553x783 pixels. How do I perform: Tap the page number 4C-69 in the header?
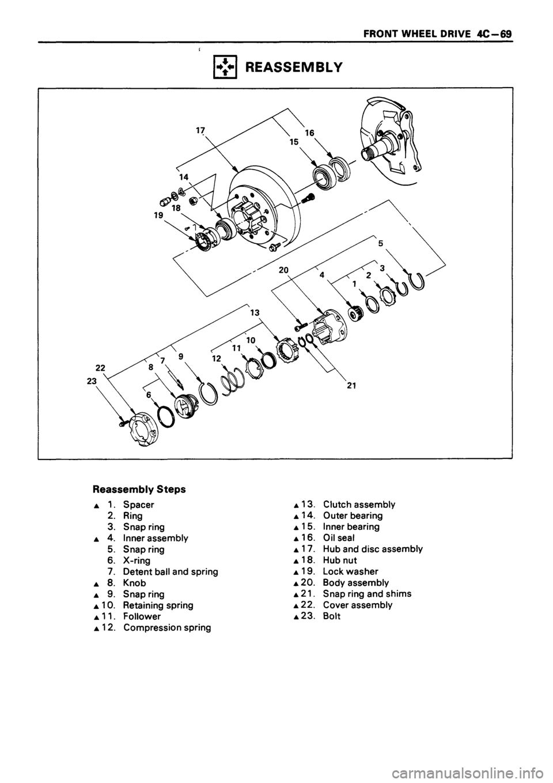tap(497, 33)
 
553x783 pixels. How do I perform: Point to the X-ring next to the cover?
tap(165, 416)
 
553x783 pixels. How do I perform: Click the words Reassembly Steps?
tap(138, 490)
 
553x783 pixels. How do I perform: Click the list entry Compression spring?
tap(166, 628)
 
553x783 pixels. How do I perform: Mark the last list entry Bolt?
tap(332, 616)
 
